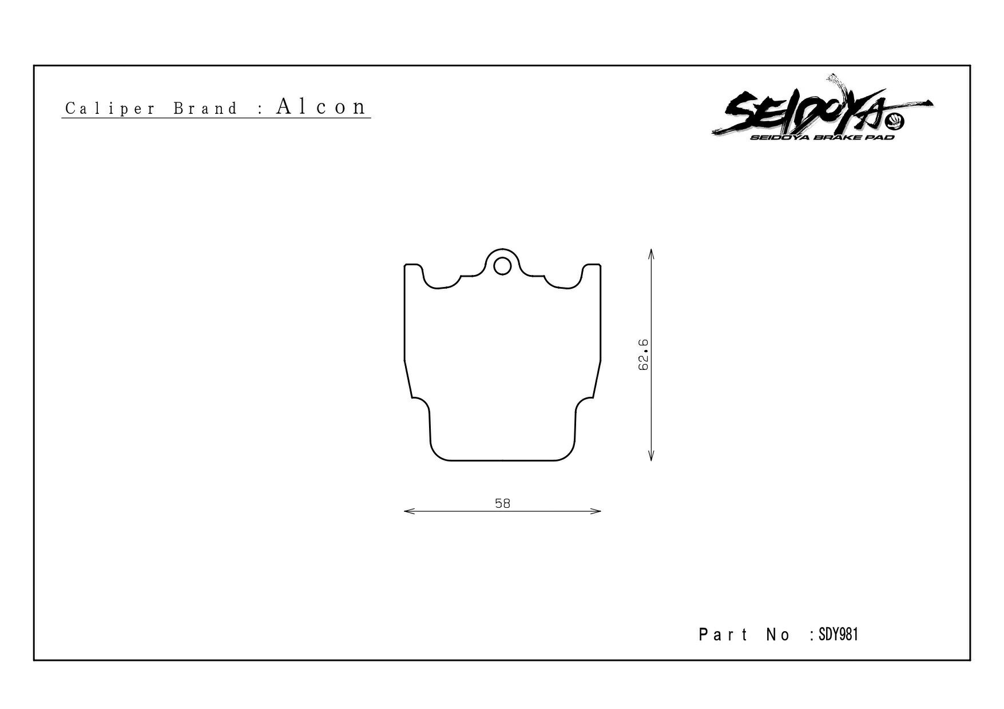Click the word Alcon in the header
321,106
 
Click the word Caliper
110,109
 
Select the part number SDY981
839,634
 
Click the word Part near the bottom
723,635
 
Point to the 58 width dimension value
502,504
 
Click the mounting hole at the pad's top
502,266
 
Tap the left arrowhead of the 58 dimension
408,511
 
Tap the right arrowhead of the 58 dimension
596,511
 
